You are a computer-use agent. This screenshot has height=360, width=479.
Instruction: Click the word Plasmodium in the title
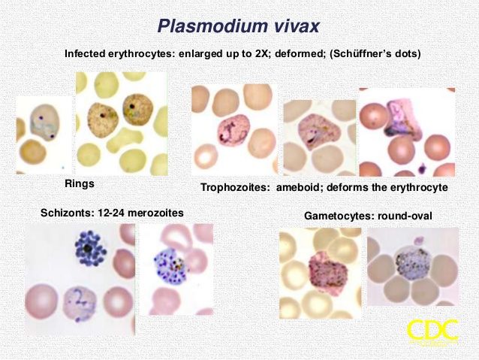tap(212, 26)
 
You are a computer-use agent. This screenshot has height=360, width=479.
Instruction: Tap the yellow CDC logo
tap(433, 331)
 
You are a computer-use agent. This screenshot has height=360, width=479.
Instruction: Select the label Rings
tap(80, 183)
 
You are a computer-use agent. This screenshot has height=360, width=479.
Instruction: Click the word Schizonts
tap(68, 213)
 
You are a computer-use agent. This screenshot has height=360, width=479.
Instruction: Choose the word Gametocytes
tap(339, 216)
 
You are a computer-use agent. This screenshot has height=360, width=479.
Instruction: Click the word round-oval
tap(405, 216)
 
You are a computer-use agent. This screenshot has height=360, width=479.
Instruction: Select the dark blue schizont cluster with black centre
tap(91, 248)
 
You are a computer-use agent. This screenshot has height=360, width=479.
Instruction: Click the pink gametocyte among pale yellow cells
tap(328, 273)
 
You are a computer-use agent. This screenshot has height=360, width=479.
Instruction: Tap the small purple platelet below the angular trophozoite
tap(422, 168)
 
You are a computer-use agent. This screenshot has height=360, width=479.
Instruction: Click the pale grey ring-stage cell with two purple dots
tap(45, 122)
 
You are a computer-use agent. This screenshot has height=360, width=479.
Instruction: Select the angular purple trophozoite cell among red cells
tap(403, 119)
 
